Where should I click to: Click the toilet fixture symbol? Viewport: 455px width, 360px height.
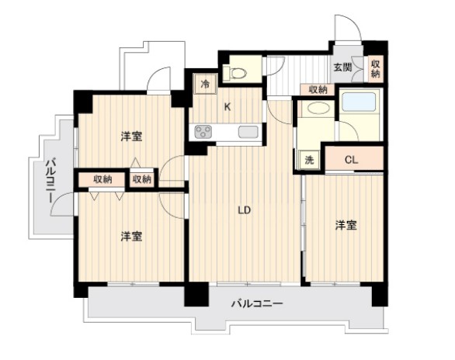click(235, 72)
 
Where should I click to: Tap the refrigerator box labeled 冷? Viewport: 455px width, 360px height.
click(205, 84)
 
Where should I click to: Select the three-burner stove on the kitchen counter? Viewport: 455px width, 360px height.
click(203, 132)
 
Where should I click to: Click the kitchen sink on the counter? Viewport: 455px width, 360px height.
click(248, 132)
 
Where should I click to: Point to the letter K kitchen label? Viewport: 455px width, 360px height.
click(227, 107)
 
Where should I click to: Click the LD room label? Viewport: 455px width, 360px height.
click(244, 210)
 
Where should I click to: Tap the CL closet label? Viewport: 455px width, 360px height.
click(352, 160)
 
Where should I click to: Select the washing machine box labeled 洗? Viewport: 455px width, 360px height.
click(309, 160)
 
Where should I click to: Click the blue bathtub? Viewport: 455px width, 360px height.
click(359, 102)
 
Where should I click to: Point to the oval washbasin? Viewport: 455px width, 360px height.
click(318, 109)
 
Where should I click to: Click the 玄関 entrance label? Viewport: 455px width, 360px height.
click(342, 67)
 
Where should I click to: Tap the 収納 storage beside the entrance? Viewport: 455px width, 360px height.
click(376, 69)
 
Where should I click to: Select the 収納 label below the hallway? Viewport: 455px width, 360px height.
click(318, 89)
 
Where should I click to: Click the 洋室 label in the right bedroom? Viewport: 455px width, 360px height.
click(346, 225)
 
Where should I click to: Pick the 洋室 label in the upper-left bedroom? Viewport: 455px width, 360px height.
click(131, 137)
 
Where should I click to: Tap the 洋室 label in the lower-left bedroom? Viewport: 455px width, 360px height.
click(131, 237)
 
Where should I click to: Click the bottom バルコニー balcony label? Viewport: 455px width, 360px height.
click(257, 304)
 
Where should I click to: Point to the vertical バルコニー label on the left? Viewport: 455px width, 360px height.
click(50, 180)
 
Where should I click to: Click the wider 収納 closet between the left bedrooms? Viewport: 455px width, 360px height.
click(102, 180)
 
